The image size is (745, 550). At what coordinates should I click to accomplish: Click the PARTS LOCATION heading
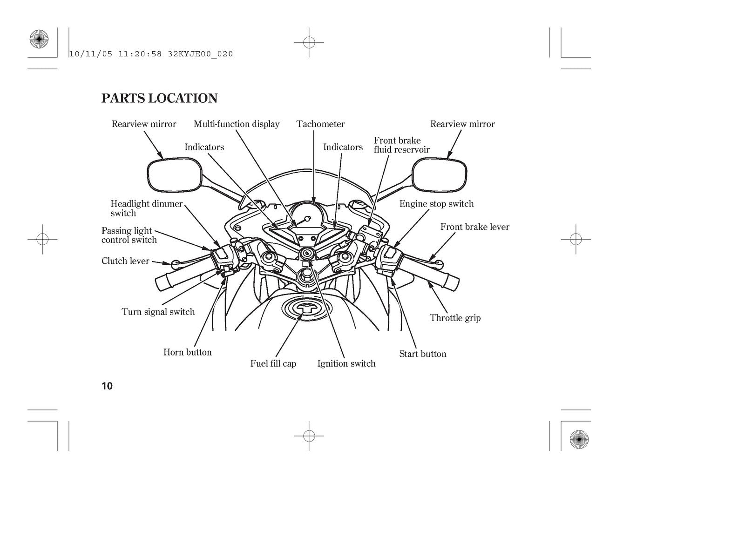pos(160,98)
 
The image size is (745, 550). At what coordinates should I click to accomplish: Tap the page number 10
pos(107,386)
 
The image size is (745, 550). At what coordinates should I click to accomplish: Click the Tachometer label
pos(320,124)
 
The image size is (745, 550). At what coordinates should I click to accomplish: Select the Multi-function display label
pos(237,124)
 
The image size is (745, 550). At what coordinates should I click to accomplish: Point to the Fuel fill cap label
pos(273,363)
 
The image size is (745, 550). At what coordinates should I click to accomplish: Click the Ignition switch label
pos(346,363)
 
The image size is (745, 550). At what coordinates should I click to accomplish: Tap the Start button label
pos(422,354)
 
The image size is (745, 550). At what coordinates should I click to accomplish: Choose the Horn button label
pos(188,352)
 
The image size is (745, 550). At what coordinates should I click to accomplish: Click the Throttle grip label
pos(455,318)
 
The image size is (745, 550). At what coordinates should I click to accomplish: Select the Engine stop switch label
pos(436,204)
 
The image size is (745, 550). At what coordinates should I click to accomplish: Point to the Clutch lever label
pos(125,261)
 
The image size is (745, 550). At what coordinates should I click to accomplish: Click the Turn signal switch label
pos(158,312)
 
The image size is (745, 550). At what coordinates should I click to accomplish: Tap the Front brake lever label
pos(474,227)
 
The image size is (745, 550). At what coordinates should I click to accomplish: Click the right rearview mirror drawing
pos(439,174)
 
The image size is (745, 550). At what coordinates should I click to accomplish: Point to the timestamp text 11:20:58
pos(140,54)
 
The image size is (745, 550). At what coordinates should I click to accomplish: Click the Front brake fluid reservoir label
pos(401,145)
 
